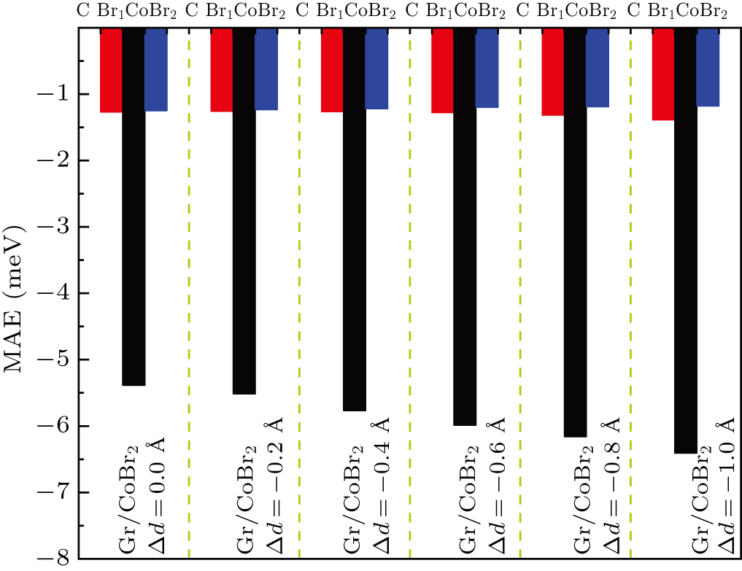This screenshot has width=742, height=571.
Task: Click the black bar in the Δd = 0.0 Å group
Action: [134, 206]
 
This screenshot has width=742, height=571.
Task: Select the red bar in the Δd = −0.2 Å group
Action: [222, 70]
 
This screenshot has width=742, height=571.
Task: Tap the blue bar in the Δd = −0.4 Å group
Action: [376, 69]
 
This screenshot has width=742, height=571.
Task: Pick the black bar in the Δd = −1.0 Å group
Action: [686, 241]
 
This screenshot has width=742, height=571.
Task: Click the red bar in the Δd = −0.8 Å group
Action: [553, 72]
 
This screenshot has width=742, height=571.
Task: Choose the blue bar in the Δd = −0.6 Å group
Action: [487, 68]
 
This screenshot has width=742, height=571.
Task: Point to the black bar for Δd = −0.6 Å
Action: [465, 227]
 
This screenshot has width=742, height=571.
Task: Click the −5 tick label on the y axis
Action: [53, 360]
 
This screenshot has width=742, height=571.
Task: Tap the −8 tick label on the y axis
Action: [53, 559]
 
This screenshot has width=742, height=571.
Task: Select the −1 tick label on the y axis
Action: [53, 94]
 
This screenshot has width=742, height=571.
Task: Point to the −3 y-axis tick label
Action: [53, 227]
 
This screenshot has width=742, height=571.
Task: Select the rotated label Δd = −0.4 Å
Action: [382, 486]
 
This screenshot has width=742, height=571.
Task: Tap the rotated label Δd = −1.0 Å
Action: [726, 486]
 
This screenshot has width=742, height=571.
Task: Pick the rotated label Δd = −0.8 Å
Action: [611, 486]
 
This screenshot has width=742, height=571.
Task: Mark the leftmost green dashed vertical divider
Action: [189, 293]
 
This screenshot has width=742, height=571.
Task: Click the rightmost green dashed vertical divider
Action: [631, 293]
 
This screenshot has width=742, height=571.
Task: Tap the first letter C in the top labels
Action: [83, 10]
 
